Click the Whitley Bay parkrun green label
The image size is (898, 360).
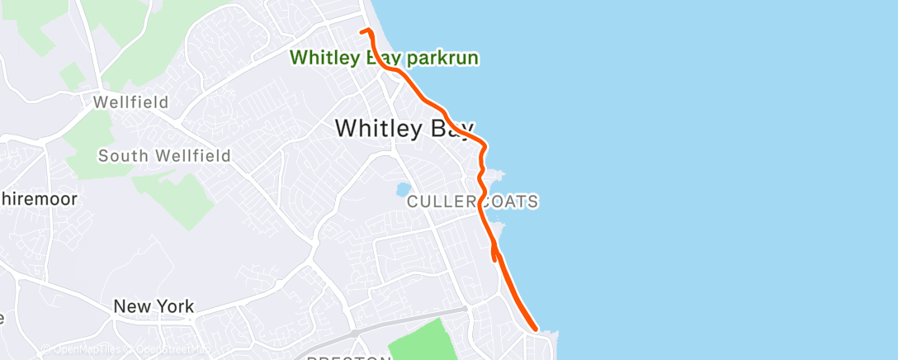[x=385, y=59]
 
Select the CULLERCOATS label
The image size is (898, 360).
[x=473, y=201]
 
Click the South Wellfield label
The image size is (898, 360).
[x=164, y=155]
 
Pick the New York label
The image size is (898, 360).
[x=154, y=306]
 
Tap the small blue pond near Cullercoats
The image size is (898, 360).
[x=403, y=189]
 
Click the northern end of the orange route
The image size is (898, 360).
[x=362, y=31]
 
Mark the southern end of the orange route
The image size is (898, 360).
[x=536, y=329]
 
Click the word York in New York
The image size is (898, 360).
[x=173, y=306]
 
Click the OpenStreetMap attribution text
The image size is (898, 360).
[x=165, y=350]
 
